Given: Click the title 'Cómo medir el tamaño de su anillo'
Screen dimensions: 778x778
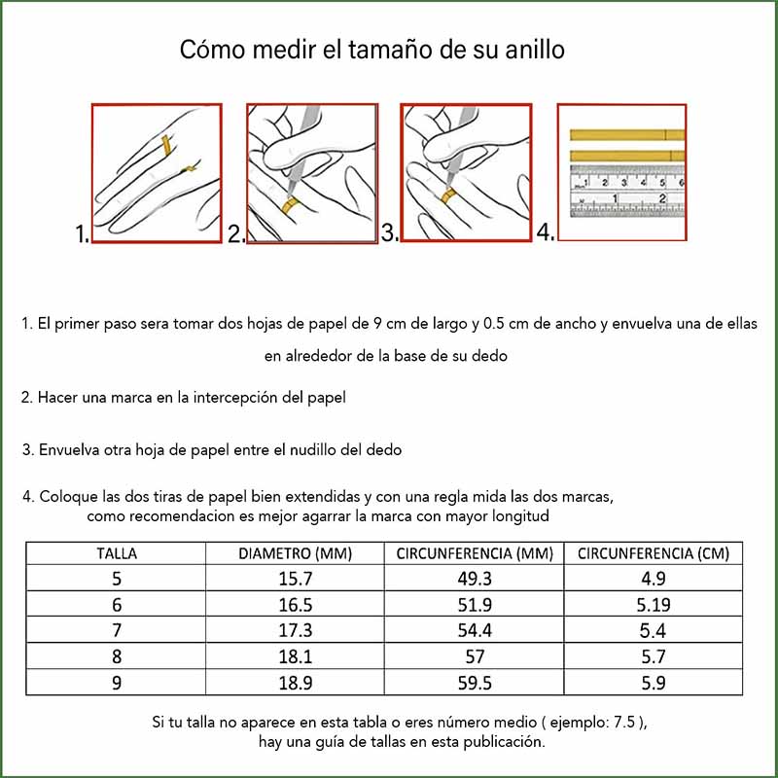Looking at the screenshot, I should (x=372, y=51).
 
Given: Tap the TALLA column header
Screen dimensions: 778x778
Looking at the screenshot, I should (x=116, y=553).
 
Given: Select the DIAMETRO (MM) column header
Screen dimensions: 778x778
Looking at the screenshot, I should (x=296, y=553).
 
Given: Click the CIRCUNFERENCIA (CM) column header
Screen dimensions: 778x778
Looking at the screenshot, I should (x=653, y=553).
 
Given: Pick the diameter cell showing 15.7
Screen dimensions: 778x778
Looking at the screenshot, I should (x=296, y=579).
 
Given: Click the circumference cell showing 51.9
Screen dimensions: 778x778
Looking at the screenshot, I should (x=475, y=604).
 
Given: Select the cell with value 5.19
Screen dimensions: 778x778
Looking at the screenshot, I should (x=653, y=604).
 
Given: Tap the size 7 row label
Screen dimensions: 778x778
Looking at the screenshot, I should (x=117, y=630).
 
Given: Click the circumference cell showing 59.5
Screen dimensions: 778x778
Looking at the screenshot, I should (x=475, y=683).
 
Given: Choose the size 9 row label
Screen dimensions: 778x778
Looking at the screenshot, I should (x=117, y=683).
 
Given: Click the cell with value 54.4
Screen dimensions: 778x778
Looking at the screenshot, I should (x=475, y=630).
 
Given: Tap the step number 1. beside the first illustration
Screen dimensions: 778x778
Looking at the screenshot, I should (x=82, y=234).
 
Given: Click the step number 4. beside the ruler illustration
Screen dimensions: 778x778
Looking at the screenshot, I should (x=546, y=232).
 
